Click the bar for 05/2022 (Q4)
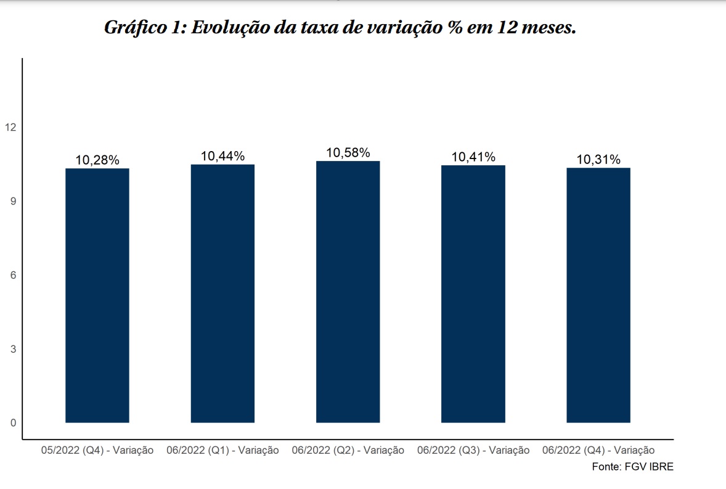click(x=97, y=295)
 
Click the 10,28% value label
click(x=97, y=160)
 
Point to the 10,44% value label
click(x=222, y=157)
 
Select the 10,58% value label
click(x=348, y=153)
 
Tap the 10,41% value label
click(x=473, y=157)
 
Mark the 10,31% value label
click(x=598, y=160)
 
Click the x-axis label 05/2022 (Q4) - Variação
click(x=97, y=451)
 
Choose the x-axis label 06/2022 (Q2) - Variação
click(x=348, y=451)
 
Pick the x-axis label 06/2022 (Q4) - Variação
click(x=598, y=451)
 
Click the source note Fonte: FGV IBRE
click(x=632, y=467)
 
